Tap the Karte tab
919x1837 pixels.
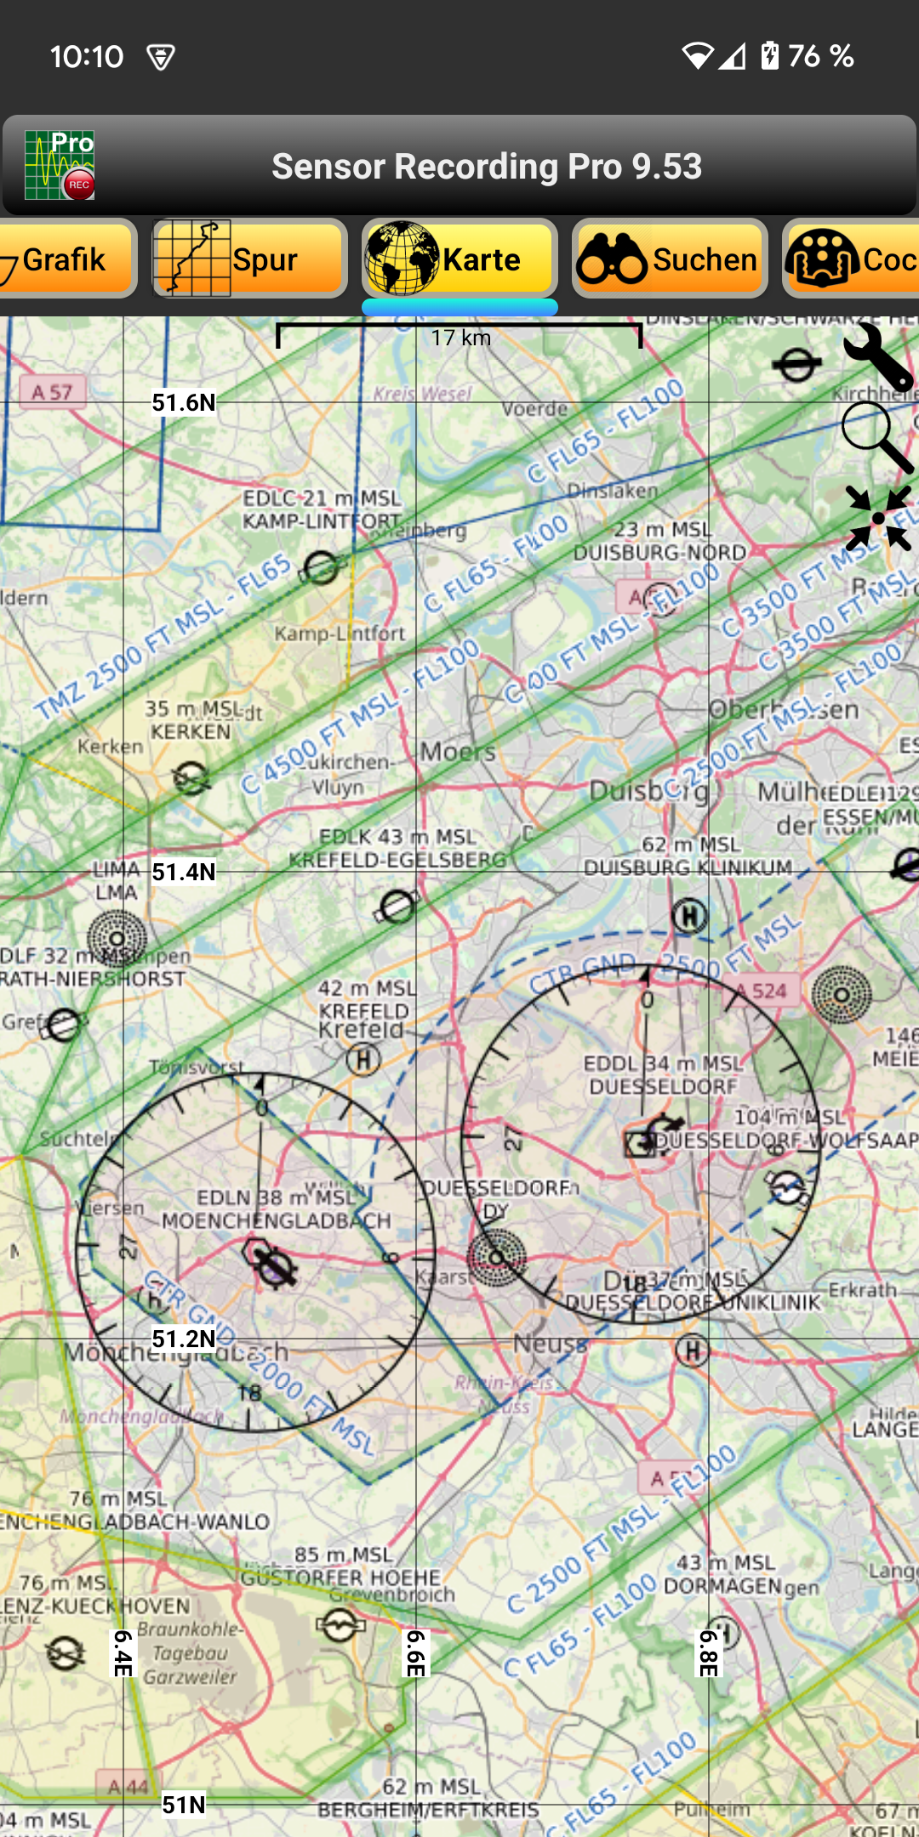[459, 259]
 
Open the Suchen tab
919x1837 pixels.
[670, 259]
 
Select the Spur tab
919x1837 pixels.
[248, 259]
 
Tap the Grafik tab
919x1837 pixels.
[64, 259]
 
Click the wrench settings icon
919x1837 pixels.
[877, 356]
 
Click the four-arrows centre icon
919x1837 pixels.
[878, 518]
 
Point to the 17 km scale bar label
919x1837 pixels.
[460, 338]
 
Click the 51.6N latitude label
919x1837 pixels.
[184, 402]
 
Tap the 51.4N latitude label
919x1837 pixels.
[184, 872]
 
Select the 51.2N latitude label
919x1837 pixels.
[184, 1339]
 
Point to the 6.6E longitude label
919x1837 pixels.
[415, 1652]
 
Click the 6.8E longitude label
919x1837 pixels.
[709, 1652]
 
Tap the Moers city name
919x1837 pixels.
[458, 752]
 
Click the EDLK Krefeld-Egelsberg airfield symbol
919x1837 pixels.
[397, 907]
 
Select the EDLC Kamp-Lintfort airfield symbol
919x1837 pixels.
[321, 567]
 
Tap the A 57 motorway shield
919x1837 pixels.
[53, 392]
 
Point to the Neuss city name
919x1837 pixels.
[550, 1344]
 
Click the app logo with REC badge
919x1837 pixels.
[60, 165]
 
